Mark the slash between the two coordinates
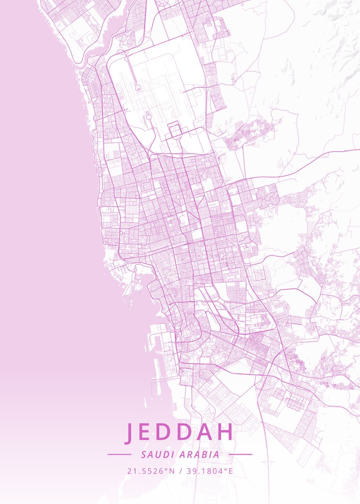point(181,471)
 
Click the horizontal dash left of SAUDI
point(119,454)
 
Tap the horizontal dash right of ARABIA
point(240,454)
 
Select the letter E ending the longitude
point(230,471)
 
